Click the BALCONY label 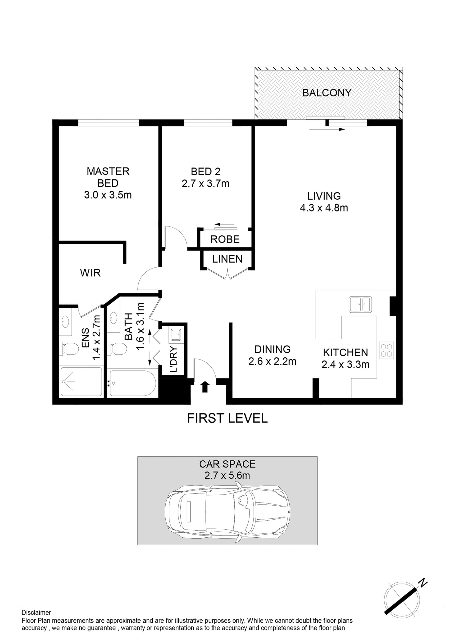point(327,93)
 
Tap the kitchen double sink point(360,304)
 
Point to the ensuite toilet point(69,349)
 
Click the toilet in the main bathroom point(117,348)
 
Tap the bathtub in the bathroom point(132,383)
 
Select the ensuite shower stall point(82,382)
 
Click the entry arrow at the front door point(205,387)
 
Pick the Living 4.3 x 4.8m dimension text point(324,208)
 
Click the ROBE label point(225,239)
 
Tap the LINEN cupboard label point(227,259)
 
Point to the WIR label point(90,273)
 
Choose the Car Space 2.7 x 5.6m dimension point(227,475)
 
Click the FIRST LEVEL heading point(227,418)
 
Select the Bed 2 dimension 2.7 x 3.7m point(206,184)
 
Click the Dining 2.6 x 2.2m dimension point(272,362)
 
